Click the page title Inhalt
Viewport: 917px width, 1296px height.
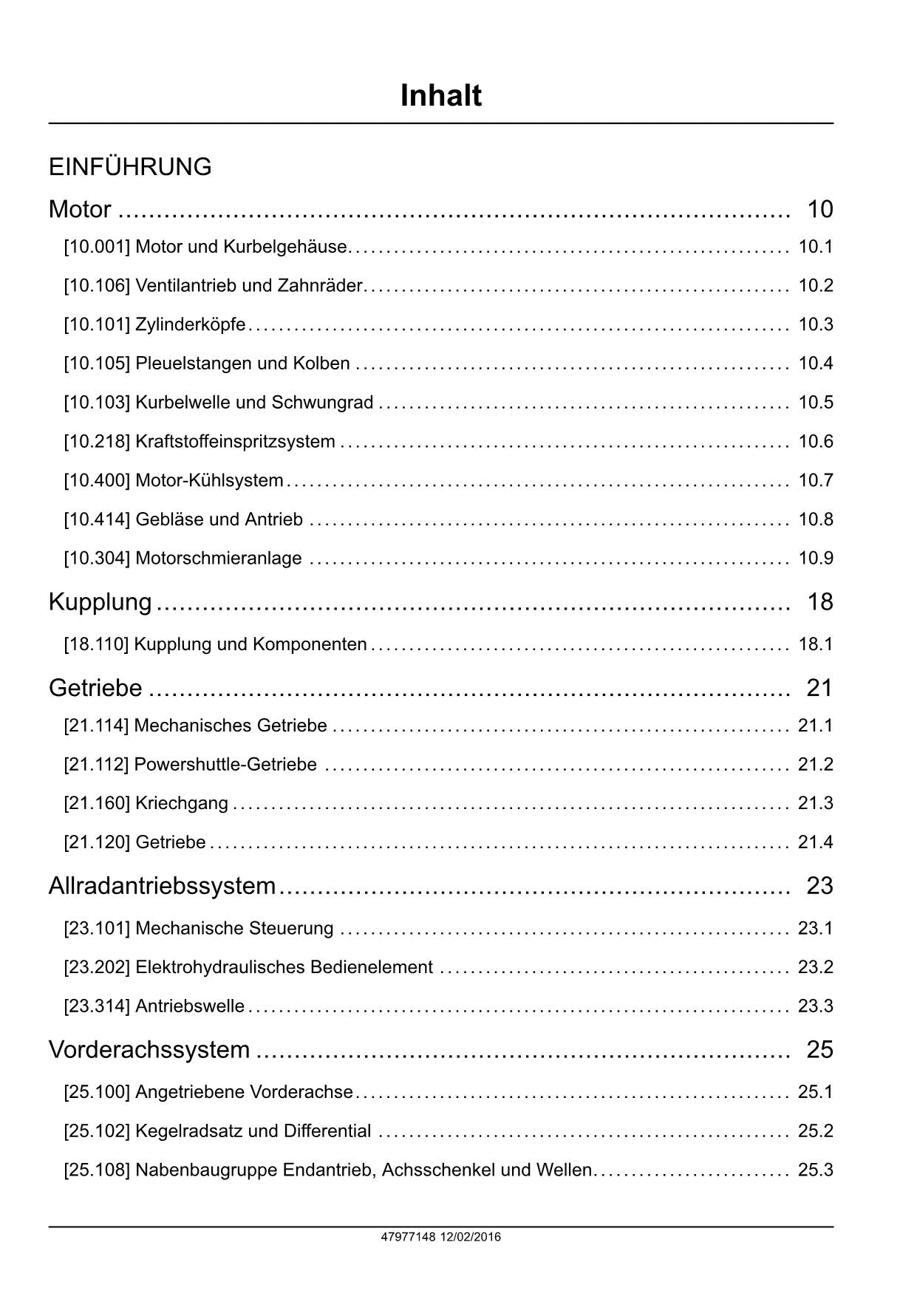click(440, 96)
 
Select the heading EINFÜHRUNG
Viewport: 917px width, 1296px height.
click(130, 167)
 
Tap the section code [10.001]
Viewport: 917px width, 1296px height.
click(97, 247)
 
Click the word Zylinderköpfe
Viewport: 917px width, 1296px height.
click(190, 324)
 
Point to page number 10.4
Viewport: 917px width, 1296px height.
click(815, 364)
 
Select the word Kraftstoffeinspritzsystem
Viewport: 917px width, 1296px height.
click(235, 442)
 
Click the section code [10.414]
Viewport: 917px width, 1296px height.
click(97, 520)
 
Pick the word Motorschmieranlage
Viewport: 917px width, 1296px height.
click(218, 559)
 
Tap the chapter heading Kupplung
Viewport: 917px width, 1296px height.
click(100, 602)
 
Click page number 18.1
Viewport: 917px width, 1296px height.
click(815, 644)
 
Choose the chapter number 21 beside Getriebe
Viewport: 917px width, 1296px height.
click(819, 688)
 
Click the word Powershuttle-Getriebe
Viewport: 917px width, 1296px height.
click(225, 765)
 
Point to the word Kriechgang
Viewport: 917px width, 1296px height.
click(181, 803)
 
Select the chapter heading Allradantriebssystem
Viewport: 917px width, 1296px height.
click(162, 885)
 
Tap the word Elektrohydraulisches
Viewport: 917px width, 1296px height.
click(209, 967)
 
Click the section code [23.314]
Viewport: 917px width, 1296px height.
click(97, 1006)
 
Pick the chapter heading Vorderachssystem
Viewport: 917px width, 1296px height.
click(149, 1049)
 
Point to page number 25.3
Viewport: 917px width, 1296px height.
click(815, 1170)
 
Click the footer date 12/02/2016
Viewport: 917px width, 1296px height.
click(471, 1237)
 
